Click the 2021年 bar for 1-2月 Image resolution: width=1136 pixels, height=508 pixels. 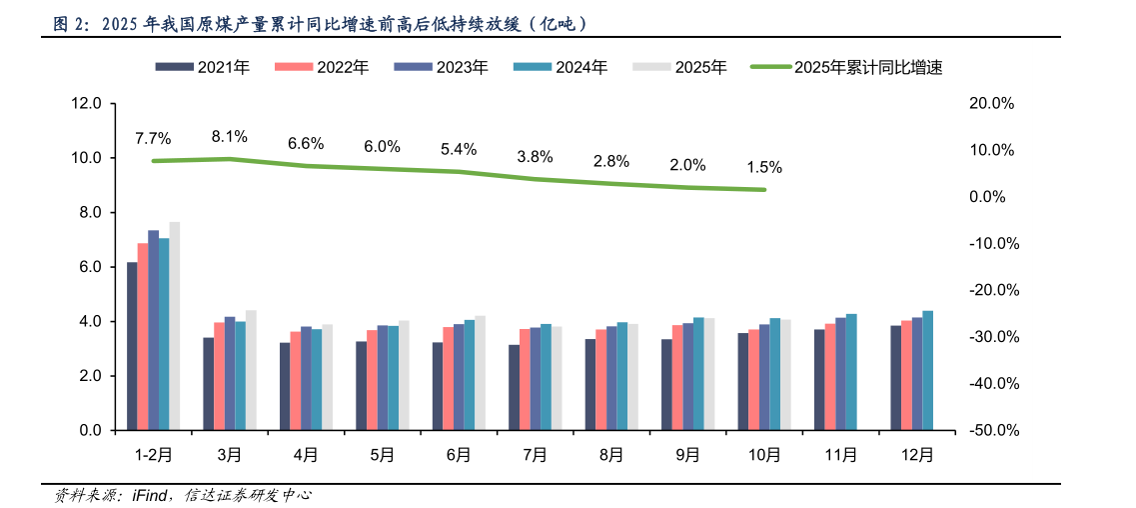(x=132, y=346)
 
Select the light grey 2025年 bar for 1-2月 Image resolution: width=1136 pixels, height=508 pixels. (x=174, y=326)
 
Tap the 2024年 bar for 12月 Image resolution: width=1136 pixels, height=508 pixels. (x=927, y=370)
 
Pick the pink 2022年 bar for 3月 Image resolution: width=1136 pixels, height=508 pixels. (x=219, y=376)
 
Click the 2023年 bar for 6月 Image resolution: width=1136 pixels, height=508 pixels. (x=459, y=377)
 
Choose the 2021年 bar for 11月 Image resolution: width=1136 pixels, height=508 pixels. (x=819, y=380)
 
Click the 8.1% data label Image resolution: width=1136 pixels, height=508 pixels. (x=229, y=137)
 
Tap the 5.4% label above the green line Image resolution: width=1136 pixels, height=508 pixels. (x=459, y=149)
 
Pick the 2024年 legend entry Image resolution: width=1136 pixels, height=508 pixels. (x=568, y=67)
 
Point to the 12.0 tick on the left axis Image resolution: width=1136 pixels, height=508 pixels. (x=87, y=103)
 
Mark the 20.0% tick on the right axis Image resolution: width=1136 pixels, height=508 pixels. (x=994, y=103)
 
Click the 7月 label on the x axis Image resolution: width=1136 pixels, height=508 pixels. (x=535, y=455)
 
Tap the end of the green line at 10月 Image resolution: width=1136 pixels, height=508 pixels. (x=764, y=190)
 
